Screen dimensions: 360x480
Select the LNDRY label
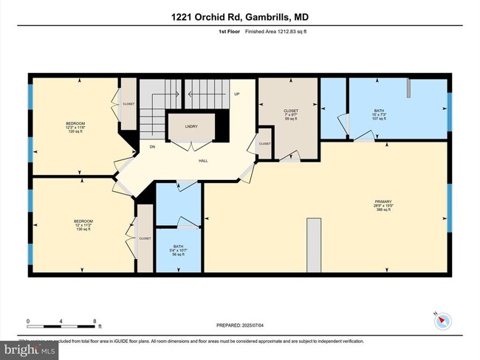(x=191, y=126)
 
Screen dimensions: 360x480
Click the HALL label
(x=201, y=159)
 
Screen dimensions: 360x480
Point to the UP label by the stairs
(x=237, y=94)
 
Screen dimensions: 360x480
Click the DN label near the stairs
(x=152, y=147)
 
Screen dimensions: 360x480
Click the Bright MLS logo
(x=30, y=349)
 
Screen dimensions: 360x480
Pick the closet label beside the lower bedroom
(x=145, y=238)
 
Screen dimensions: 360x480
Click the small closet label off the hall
(x=264, y=144)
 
